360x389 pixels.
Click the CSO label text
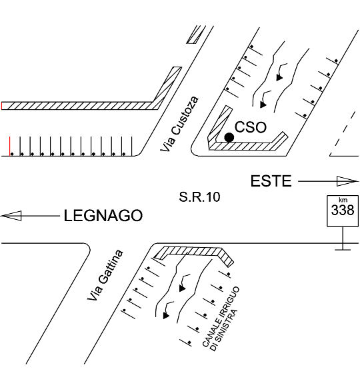point(250,127)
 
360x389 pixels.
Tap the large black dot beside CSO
point(229,137)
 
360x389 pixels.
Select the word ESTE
point(271,181)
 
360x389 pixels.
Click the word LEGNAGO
point(103,215)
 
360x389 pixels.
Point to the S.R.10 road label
point(199,197)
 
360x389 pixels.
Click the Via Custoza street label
point(179,124)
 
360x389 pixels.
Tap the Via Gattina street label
point(105,275)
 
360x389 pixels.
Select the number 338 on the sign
point(343,210)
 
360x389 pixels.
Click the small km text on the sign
point(343,200)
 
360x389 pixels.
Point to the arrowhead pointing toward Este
point(347,181)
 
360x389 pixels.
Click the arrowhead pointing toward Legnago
point(11,216)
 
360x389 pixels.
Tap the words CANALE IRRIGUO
point(221,316)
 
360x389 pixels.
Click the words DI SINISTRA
point(224,330)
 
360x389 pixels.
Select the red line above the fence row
point(10,146)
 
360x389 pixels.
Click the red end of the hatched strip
point(2,106)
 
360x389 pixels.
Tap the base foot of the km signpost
point(343,250)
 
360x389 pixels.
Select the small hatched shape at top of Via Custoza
point(196,35)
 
